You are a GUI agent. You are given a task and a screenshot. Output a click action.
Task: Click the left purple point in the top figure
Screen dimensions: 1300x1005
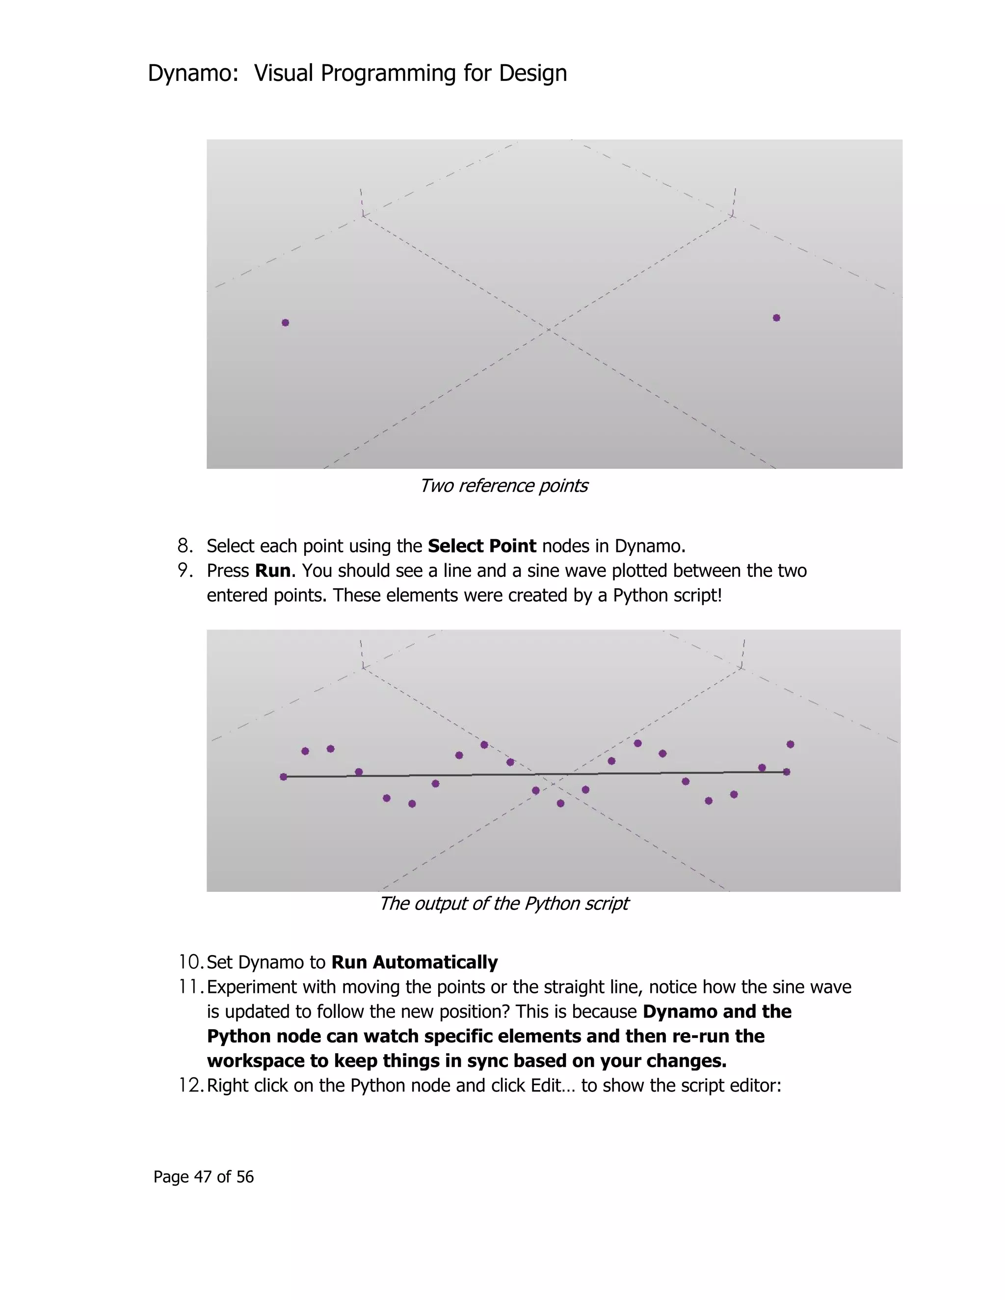click(x=285, y=323)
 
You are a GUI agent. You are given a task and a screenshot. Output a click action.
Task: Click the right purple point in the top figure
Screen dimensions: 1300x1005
click(x=776, y=318)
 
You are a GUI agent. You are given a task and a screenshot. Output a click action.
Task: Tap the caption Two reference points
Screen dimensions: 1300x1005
click(x=503, y=486)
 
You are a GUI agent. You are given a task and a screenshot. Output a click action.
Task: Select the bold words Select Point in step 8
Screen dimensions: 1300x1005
click(x=482, y=546)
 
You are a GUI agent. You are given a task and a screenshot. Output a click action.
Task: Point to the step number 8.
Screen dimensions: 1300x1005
click(x=185, y=546)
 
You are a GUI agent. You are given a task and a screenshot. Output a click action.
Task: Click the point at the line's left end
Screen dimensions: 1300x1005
click(x=284, y=777)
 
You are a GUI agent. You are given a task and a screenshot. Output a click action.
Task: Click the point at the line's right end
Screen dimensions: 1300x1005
click(x=787, y=772)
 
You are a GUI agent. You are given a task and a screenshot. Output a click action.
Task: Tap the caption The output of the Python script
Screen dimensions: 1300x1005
click(x=503, y=904)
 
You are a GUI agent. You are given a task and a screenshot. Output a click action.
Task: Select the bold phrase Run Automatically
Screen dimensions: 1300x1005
click(x=414, y=962)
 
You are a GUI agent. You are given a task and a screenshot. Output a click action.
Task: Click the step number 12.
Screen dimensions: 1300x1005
click(x=190, y=1086)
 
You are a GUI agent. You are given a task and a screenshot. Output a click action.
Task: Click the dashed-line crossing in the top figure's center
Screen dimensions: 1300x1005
click(x=548, y=329)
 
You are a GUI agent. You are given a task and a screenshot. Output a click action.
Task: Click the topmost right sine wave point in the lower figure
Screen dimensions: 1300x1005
click(x=790, y=744)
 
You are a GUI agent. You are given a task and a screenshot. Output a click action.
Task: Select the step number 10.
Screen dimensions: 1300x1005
click(x=190, y=962)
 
